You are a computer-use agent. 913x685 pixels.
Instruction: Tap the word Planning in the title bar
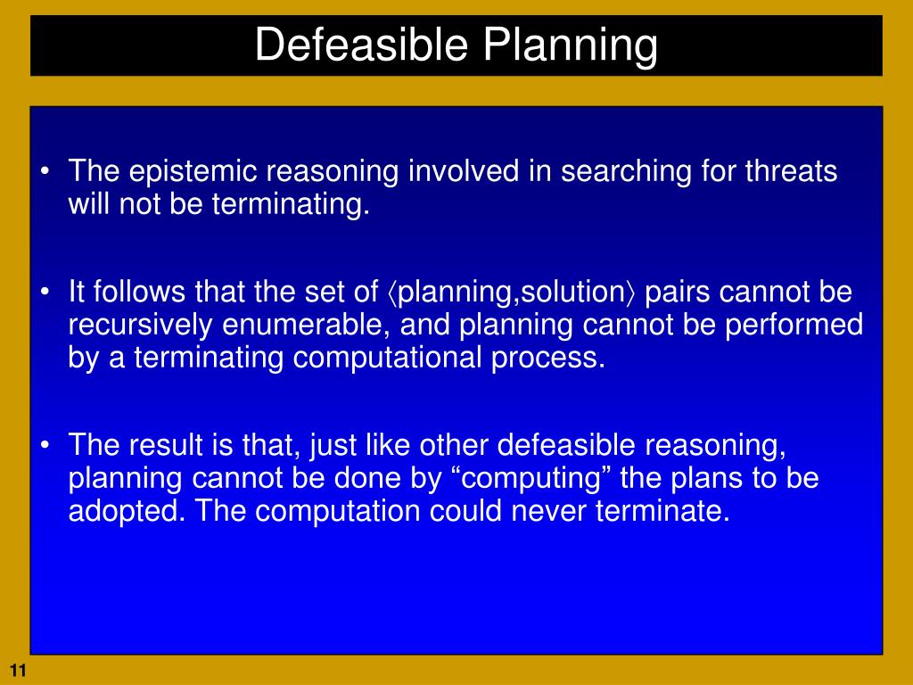click(571, 46)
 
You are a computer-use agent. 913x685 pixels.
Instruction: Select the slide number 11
click(18, 671)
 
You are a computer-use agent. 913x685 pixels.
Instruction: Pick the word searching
click(626, 172)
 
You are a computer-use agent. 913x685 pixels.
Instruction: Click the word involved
click(464, 170)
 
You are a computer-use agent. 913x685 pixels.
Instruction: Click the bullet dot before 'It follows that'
click(45, 292)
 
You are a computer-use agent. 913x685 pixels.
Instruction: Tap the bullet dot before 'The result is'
click(45, 445)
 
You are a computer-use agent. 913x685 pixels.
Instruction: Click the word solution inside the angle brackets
click(572, 292)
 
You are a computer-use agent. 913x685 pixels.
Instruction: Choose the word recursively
click(140, 326)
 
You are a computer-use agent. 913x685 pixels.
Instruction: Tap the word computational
click(387, 359)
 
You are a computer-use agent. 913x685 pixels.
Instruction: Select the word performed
click(794, 326)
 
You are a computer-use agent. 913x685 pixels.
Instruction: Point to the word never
click(549, 511)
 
